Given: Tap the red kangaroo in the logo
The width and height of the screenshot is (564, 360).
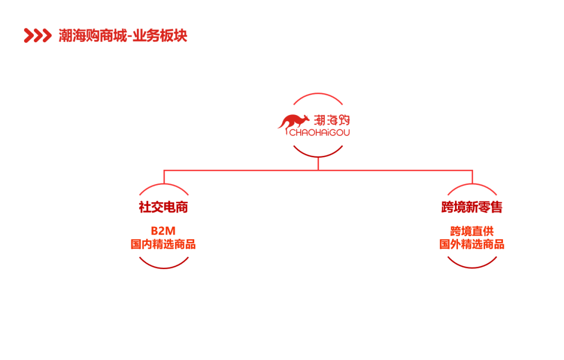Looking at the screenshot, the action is (x=293, y=122).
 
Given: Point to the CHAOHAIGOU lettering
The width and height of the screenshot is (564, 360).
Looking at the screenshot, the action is (x=319, y=132).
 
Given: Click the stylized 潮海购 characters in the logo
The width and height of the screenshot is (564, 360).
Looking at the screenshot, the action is (x=332, y=120).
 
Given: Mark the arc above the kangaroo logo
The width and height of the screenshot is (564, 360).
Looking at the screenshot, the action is (x=318, y=95).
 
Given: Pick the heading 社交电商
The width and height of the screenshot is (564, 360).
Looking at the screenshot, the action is (x=163, y=207).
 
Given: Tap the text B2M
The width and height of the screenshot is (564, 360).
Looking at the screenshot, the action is (x=163, y=231).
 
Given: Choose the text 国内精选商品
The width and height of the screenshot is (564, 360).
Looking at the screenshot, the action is (x=163, y=244).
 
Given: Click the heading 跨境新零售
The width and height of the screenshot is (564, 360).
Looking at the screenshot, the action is (x=472, y=207).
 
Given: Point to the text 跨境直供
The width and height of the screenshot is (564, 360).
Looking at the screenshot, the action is (x=472, y=231).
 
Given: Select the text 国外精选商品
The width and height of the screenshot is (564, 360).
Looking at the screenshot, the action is (x=472, y=244).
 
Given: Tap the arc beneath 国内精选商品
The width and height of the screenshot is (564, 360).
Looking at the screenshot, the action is (x=163, y=268).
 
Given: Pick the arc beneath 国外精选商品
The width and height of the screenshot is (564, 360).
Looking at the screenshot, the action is (x=472, y=268).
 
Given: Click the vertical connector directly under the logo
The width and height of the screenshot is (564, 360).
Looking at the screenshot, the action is (x=318, y=164).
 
